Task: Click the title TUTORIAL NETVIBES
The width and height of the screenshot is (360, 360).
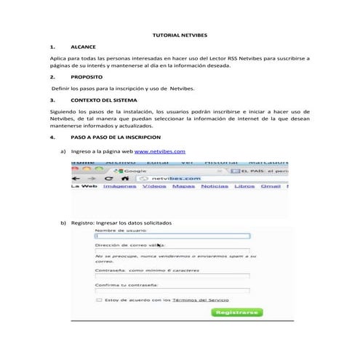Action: coord(179,34)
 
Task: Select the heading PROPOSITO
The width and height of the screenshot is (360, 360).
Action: coord(87,76)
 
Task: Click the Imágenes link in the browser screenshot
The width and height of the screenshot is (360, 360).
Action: coord(119,186)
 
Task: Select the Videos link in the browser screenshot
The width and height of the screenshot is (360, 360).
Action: coord(154,186)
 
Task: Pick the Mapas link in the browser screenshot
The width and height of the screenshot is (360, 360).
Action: coord(183,186)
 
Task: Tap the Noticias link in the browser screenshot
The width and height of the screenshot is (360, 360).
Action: coord(215,186)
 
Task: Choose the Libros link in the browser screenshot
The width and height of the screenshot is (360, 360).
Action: coord(245,186)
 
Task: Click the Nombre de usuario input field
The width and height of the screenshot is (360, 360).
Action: coord(172,236)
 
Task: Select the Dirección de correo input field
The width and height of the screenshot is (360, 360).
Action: coord(172,251)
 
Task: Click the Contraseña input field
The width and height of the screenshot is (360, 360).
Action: coord(172,276)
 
